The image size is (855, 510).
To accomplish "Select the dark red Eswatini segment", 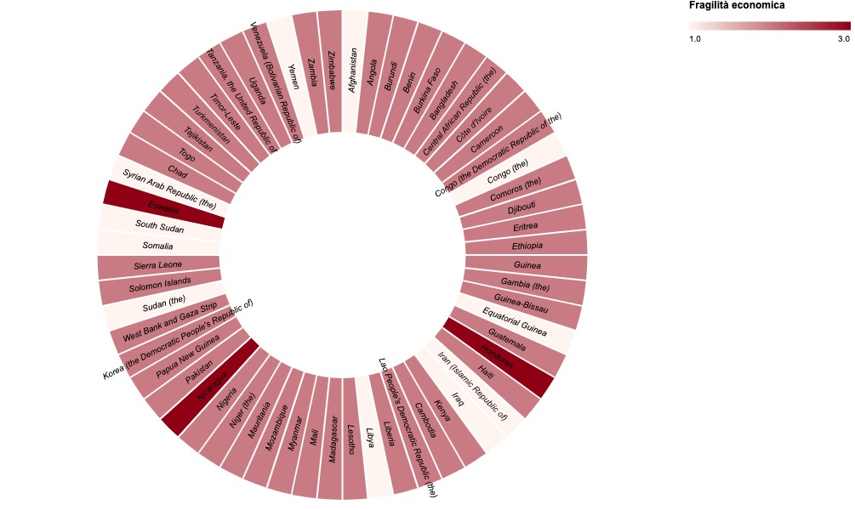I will coord(162,205).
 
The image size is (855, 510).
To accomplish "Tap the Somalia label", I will coord(157,246).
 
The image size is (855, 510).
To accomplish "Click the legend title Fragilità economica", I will coord(736,6).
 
